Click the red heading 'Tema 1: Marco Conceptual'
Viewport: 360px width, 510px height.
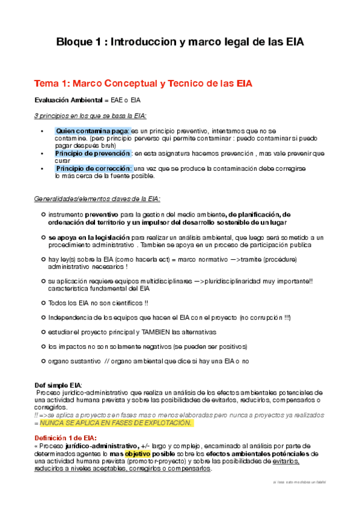(143, 83)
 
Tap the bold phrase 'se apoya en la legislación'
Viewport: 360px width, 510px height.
(88, 238)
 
